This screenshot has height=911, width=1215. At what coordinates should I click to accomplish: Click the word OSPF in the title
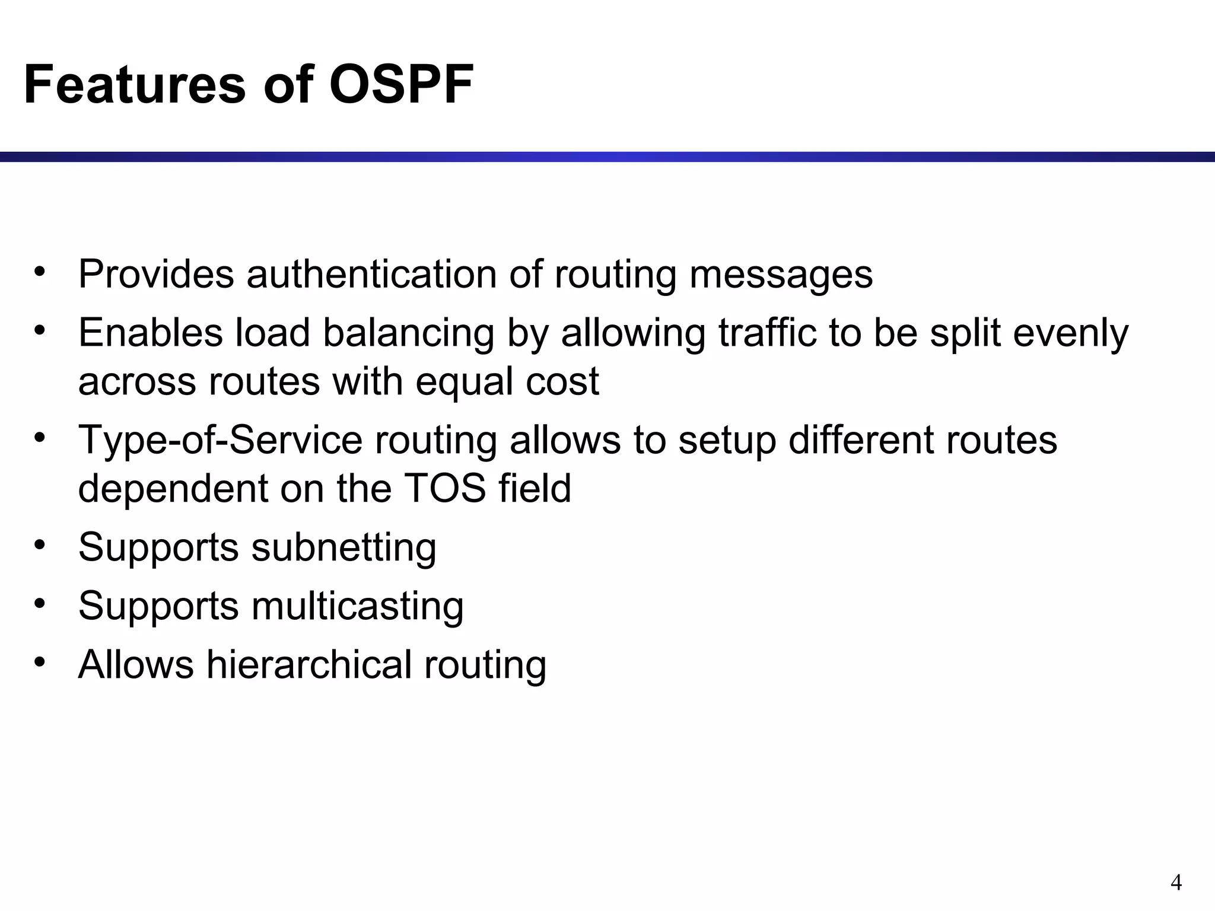coord(401,85)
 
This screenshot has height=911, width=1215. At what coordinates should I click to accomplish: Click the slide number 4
coord(1176,883)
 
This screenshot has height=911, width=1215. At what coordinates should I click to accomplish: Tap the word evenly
coord(1071,334)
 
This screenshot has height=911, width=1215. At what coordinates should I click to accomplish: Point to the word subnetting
coord(343,547)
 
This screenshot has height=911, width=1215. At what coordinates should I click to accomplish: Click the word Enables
coord(151,333)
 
